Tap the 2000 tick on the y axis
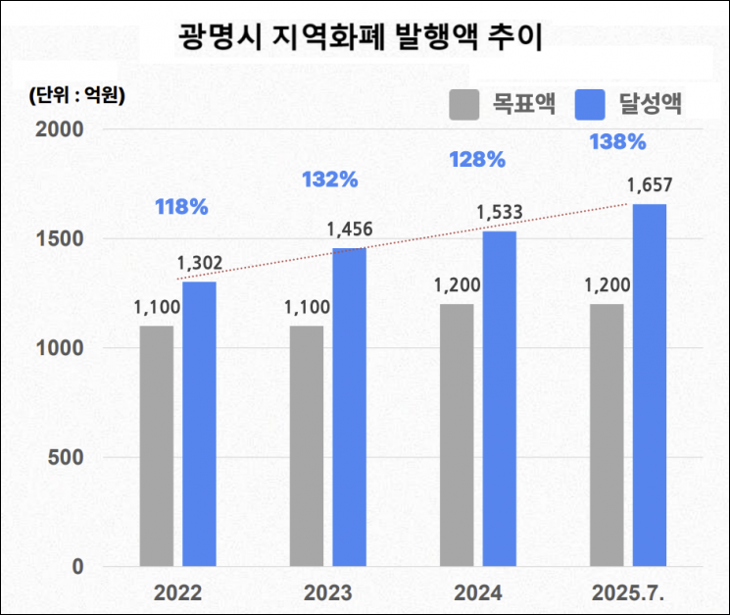[x=65, y=129]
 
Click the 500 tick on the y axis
[x=73, y=457]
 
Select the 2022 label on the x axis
[x=177, y=593]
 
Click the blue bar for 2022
[x=199, y=424]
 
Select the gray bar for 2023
[x=307, y=446]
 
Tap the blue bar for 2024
[x=499, y=398]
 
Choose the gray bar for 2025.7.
[x=607, y=436]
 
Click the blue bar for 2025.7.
[x=649, y=384]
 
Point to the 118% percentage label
[x=181, y=207]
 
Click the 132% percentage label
[x=330, y=179]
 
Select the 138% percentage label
[x=617, y=142]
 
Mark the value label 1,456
[x=351, y=230]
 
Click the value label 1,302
[x=200, y=263]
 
